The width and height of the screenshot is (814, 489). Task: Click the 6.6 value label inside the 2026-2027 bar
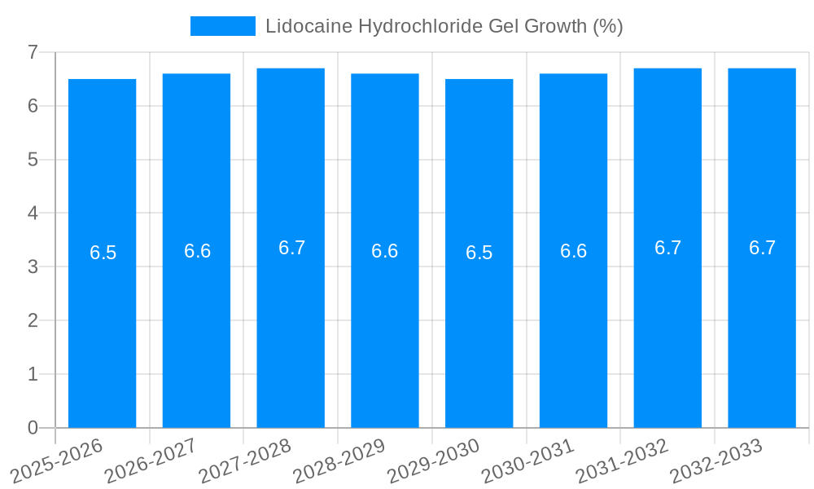tap(197, 251)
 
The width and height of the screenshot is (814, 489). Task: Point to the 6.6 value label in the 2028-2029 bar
tap(385, 251)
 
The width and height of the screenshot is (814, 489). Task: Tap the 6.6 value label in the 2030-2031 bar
tap(574, 251)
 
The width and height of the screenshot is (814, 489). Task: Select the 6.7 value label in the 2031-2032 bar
tap(667, 248)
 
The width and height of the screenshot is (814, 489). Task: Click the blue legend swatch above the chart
tap(222, 26)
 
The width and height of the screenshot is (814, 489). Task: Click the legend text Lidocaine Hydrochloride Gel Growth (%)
tap(444, 26)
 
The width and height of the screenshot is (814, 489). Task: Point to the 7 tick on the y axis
tap(33, 52)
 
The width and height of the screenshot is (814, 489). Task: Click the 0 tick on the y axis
tap(33, 428)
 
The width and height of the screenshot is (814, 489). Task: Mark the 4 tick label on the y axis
tap(33, 214)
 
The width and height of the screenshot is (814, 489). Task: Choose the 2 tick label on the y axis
tap(33, 320)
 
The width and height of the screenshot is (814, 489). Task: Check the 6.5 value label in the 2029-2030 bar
tap(479, 253)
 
